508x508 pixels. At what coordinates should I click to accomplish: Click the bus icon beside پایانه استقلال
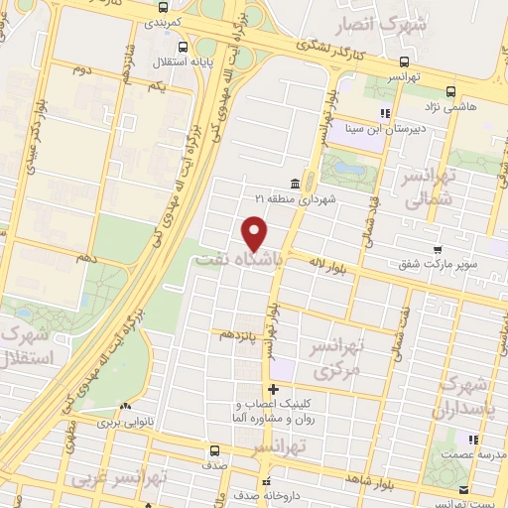182,47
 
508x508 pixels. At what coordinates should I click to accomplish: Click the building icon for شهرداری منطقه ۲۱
296,184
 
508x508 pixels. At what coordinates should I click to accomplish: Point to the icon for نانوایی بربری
125,405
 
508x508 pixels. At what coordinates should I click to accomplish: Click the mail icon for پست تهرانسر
463,489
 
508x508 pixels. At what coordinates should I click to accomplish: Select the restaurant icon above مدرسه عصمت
474,440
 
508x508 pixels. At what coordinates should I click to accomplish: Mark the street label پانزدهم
237,334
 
